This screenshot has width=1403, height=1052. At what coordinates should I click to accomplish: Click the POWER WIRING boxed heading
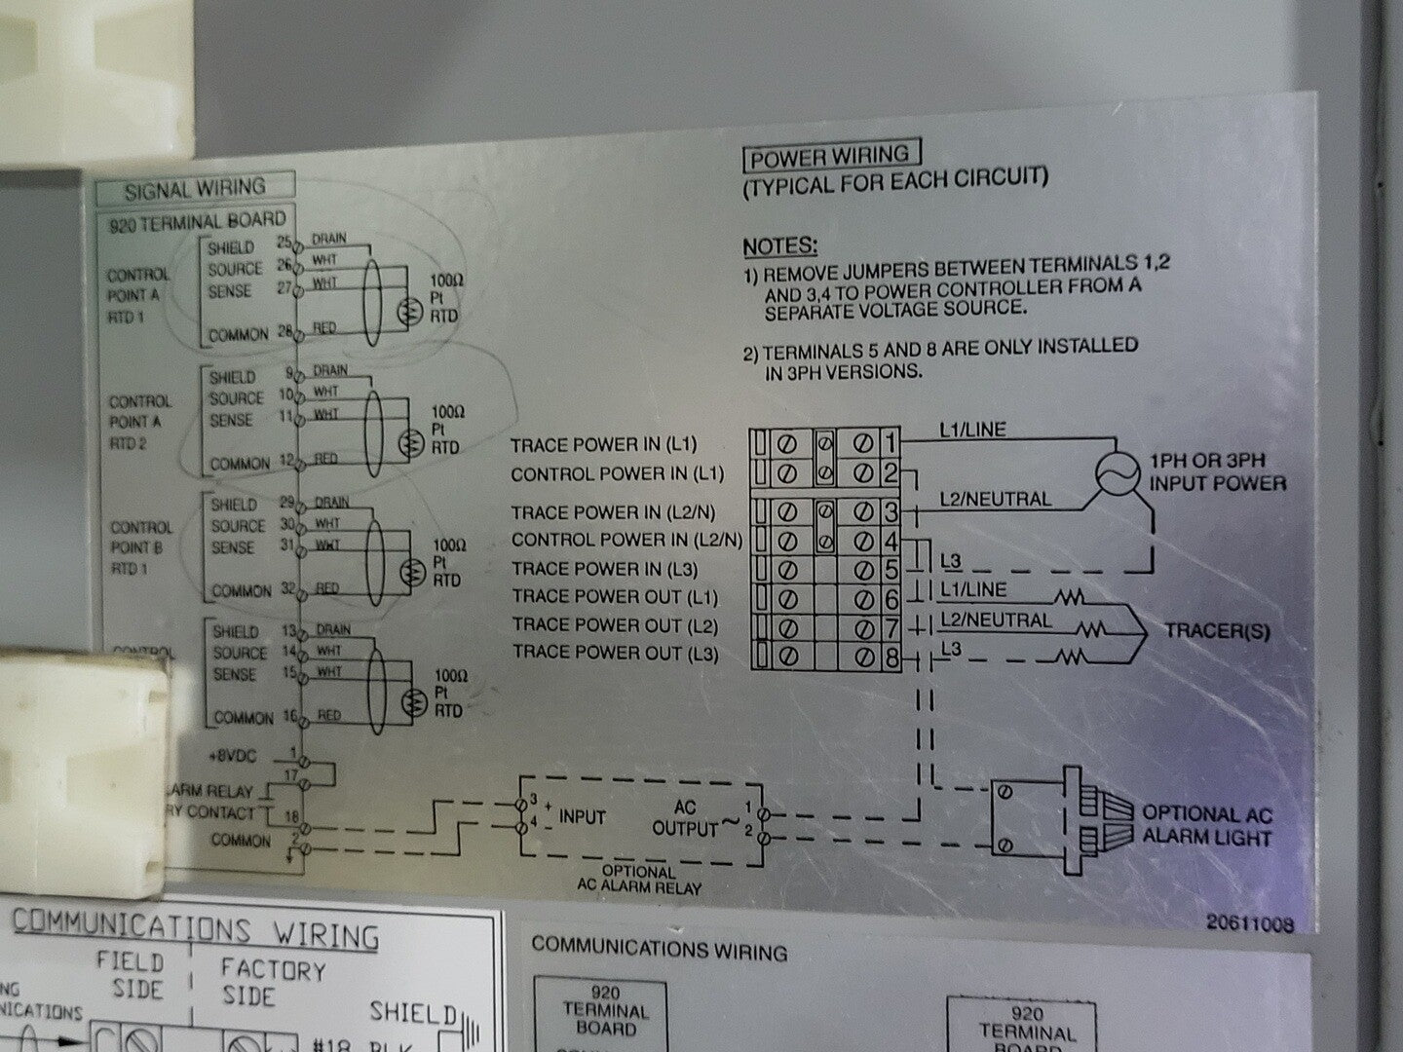(x=830, y=156)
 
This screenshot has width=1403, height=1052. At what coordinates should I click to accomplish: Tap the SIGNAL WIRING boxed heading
(x=194, y=186)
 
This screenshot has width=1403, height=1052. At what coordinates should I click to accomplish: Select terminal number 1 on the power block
(x=889, y=443)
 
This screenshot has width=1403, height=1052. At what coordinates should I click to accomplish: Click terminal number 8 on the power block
(x=890, y=658)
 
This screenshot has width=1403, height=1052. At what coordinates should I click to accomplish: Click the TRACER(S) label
(x=1217, y=631)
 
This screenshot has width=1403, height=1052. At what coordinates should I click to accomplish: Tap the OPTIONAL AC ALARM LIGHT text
(x=1206, y=825)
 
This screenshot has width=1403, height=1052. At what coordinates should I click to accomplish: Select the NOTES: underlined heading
(x=780, y=246)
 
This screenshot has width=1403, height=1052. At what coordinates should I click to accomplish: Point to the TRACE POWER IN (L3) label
(x=603, y=568)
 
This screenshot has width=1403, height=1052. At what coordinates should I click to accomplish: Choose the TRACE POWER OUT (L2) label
(x=615, y=624)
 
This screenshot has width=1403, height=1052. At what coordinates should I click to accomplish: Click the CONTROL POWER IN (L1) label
(x=618, y=474)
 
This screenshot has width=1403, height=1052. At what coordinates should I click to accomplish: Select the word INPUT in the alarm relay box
(x=583, y=817)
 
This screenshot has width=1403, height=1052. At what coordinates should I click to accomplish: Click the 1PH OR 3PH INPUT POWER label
(x=1217, y=471)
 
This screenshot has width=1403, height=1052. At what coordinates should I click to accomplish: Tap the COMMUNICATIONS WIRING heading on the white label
(x=195, y=931)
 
